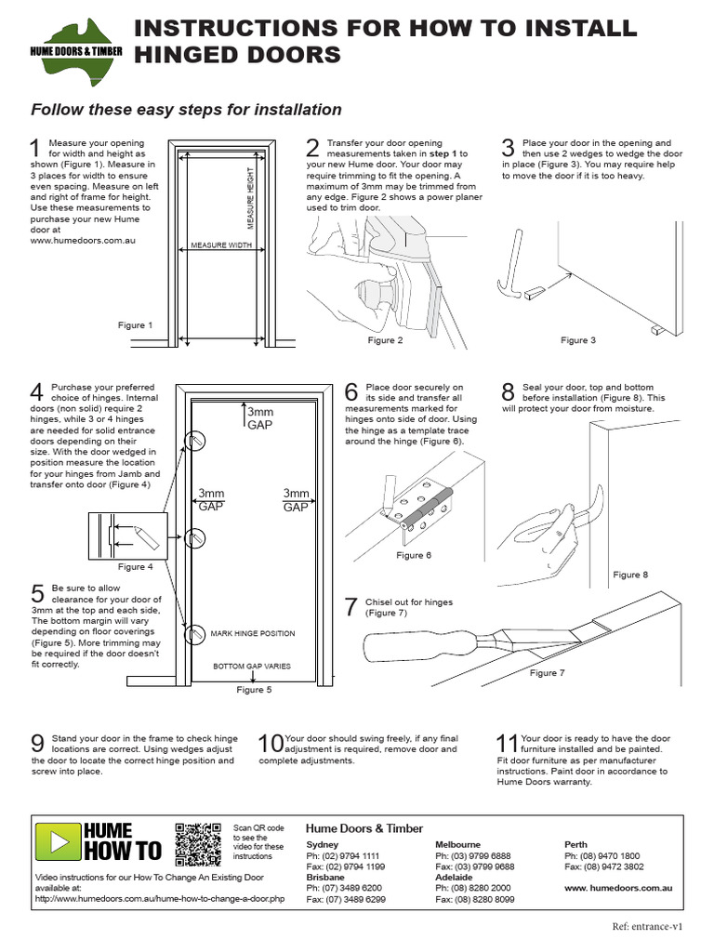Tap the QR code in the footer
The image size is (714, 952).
coord(197,843)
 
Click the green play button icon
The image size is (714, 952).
coord(58,842)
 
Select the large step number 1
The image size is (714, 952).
coord(35,149)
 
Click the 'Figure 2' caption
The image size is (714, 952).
coord(385,341)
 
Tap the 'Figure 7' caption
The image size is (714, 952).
coord(547,673)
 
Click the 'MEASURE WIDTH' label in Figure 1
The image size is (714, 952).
coord(221,245)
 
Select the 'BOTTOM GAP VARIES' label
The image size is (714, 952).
coord(252,667)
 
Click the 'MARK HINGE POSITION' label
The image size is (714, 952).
coord(253,634)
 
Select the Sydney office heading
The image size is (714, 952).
coord(323,844)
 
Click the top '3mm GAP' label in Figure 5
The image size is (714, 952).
coord(259,417)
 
